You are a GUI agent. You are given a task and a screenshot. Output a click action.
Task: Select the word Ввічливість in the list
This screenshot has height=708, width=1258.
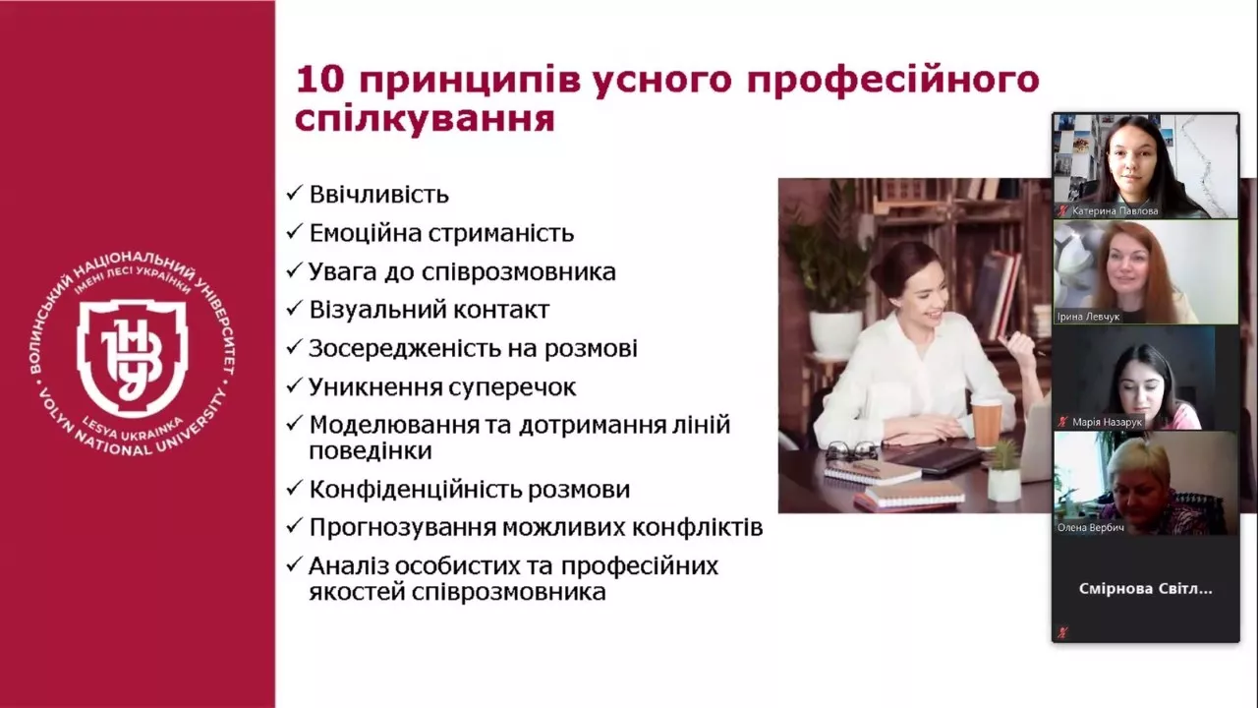[378, 195]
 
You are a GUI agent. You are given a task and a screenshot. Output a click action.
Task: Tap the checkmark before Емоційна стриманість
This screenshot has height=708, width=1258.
[294, 233]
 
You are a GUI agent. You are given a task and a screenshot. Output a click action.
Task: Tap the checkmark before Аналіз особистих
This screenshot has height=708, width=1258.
[294, 566]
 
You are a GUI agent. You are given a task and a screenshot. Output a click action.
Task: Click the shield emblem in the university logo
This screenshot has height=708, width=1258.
[132, 354]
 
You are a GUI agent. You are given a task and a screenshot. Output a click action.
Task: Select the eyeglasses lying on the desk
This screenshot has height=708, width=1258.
[851, 450]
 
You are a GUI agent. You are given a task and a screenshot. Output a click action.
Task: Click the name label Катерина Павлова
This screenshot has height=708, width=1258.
[1115, 210]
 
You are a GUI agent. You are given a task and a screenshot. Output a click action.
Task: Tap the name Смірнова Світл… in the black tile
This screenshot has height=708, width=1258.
[1145, 589]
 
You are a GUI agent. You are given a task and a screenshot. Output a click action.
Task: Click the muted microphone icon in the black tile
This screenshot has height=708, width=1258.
[1062, 632]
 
